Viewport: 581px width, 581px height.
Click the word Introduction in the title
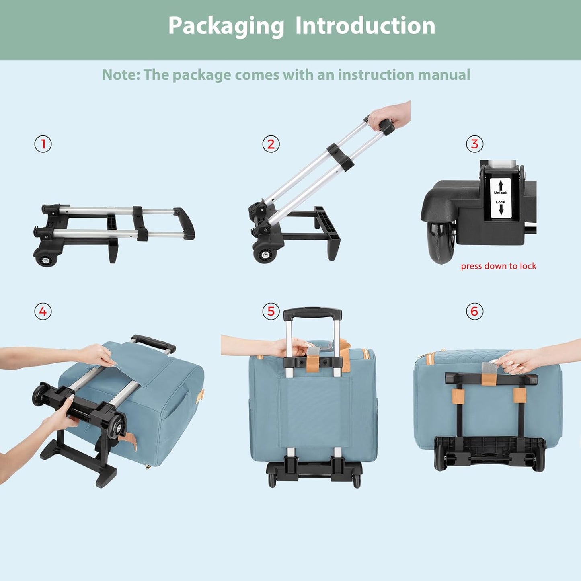coord(365,25)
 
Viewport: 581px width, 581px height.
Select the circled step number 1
coord(43,144)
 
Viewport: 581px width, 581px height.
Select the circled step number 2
coord(271,144)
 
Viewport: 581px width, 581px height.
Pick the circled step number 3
coord(474,144)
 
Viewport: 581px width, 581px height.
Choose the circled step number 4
coord(43,311)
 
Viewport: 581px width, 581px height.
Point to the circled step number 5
coord(271,311)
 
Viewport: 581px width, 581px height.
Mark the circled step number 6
coord(474,311)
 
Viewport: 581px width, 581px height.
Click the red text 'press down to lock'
coord(499,266)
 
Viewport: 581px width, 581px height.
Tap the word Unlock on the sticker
coord(501,193)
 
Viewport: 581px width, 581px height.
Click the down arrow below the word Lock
coord(501,209)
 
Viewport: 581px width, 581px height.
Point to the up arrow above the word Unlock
coord(501,185)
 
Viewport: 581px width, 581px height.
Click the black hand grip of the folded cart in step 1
coord(185,224)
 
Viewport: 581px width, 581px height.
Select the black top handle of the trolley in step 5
coord(312,313)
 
